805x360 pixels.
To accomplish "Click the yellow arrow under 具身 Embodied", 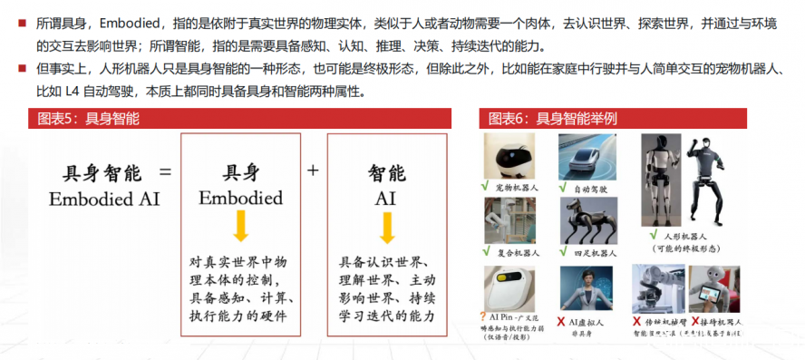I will (x=240, y=226).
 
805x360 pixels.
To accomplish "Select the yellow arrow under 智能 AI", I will (x=387, y=226).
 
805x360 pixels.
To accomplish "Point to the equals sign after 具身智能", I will (x=165, y=171).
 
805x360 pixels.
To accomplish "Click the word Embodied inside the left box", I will (x=240, y=198).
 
